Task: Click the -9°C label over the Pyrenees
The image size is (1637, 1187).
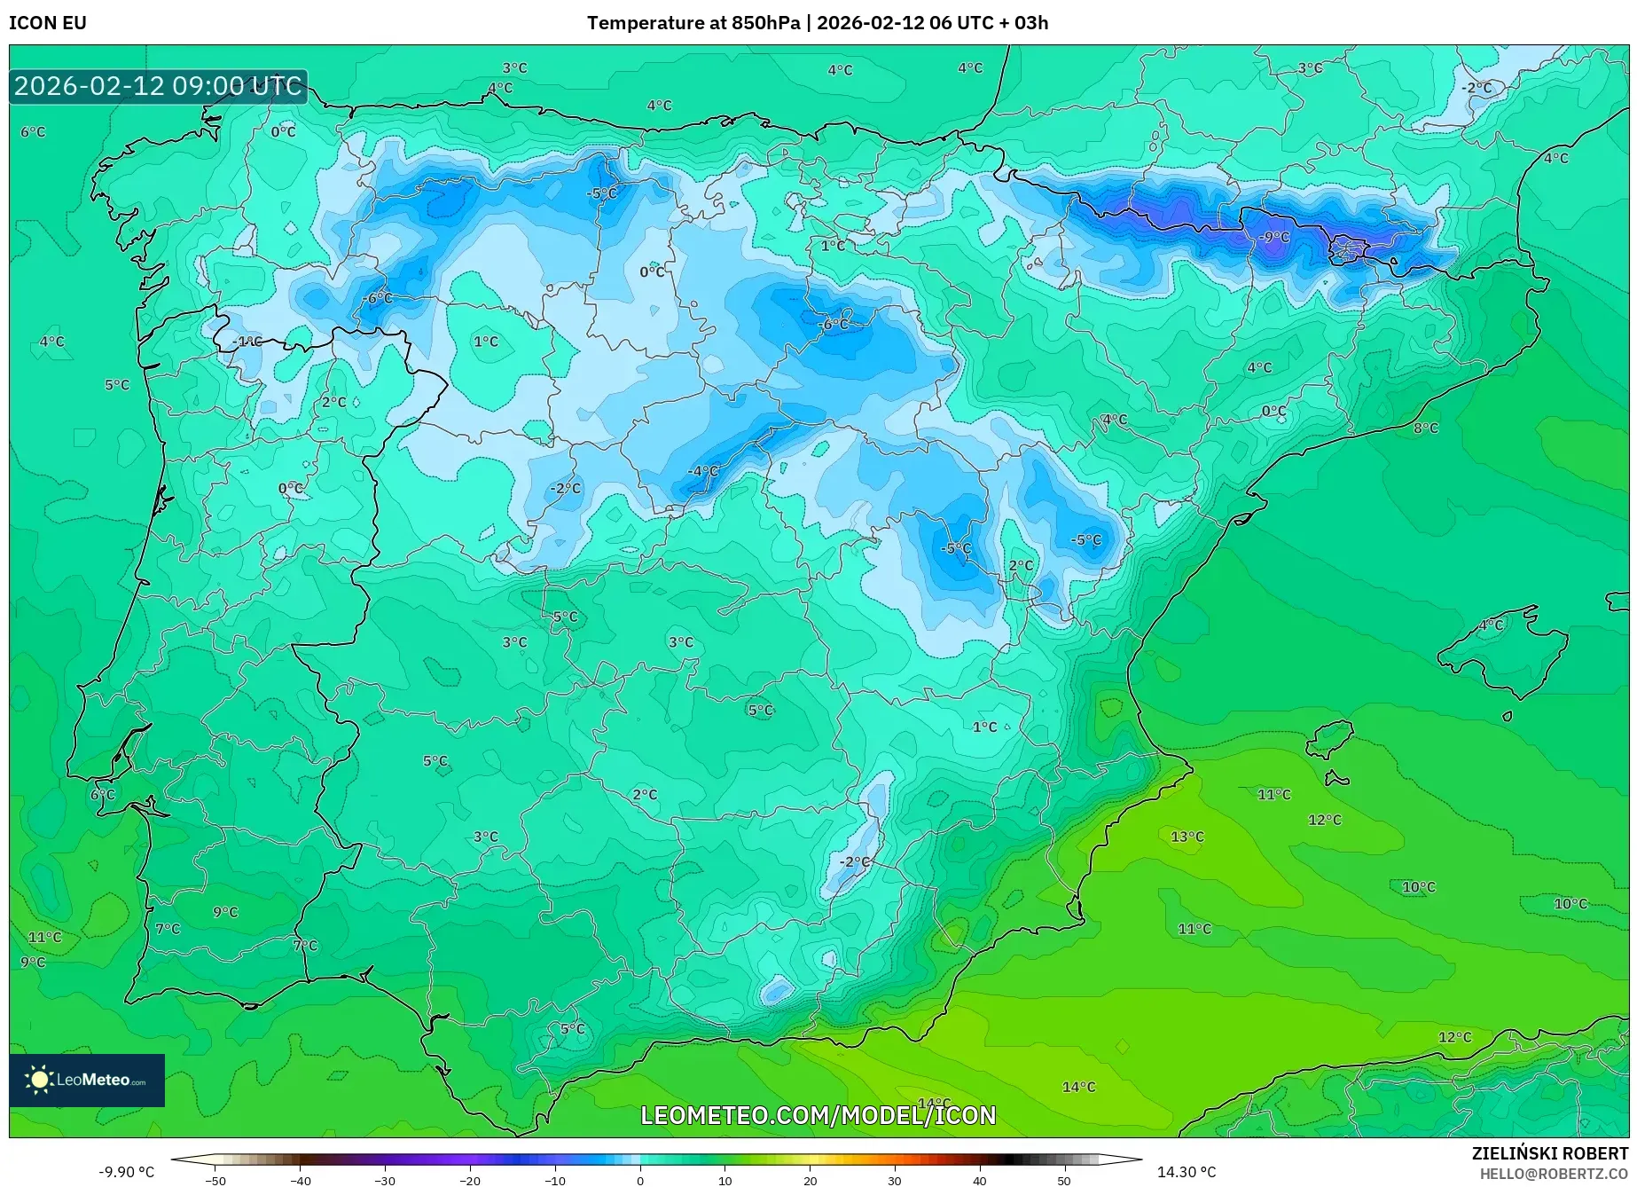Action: (1274, 238)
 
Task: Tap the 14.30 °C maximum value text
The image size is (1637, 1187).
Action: (1187, 1172)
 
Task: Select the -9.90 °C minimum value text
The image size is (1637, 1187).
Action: (126, 1172)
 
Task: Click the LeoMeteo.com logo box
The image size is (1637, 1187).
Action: (87, 1080)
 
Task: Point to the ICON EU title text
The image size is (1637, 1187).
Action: (48, 23)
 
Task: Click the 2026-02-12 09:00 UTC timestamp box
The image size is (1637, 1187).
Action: (158, 86)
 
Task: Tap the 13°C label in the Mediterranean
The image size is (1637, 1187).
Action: (1187, 837)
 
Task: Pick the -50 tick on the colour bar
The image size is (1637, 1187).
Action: (215, 1181)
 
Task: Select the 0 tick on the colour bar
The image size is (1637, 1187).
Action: (640, 1181)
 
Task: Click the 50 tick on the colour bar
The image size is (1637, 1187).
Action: (1064, 1181)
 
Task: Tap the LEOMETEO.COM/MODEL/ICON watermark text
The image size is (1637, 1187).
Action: (818, 1115)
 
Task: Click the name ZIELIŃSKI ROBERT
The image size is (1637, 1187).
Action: (1550, 1153)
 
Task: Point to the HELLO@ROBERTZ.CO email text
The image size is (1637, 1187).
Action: (1554, 1174)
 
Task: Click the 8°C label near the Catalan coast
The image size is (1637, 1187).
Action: (1426, 428)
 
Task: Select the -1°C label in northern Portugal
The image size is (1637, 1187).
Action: (247, 342)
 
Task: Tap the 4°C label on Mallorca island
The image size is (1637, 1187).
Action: (1492, 625)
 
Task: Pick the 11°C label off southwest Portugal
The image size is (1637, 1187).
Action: (44, 937)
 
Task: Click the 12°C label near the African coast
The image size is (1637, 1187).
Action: (1454, 1037)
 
